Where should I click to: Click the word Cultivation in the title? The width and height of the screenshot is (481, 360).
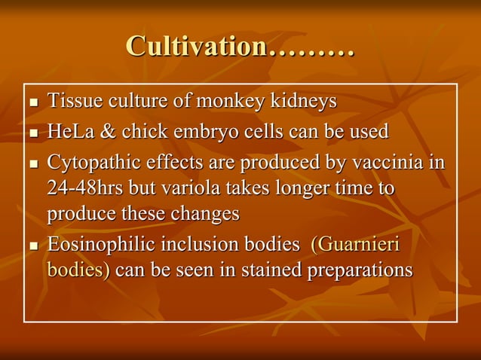tap(197, 47)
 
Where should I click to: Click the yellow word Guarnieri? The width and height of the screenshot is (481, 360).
tap(361, 245)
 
